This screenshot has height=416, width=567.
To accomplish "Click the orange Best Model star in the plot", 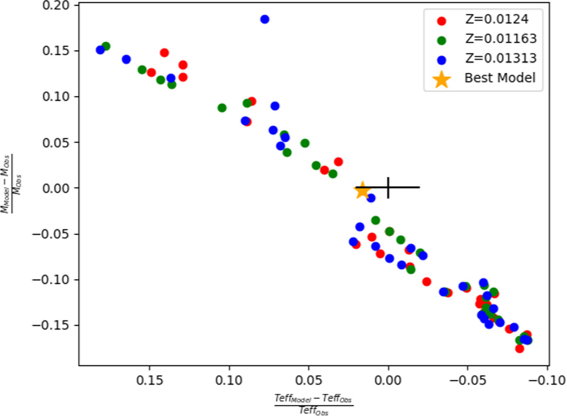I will (362, 191).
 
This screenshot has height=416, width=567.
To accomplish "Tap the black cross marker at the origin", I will (388, 187).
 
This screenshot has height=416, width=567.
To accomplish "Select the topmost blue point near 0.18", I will (264, 19).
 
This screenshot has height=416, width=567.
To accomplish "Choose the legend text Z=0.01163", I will (500, 39).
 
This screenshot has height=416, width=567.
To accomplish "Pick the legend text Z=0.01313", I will (500, 58).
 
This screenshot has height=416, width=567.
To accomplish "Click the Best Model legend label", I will (500, 78).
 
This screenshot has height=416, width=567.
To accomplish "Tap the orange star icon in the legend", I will (441, 79).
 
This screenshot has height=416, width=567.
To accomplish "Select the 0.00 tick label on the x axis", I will (388, 378).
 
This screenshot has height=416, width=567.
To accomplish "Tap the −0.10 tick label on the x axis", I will (547, 378).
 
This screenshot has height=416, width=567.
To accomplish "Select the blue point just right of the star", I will (371, 198).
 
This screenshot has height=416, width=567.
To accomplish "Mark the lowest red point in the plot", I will (519, 348).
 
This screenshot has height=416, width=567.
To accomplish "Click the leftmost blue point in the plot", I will (100, 50).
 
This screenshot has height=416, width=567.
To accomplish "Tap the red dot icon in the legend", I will (441, 20).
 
